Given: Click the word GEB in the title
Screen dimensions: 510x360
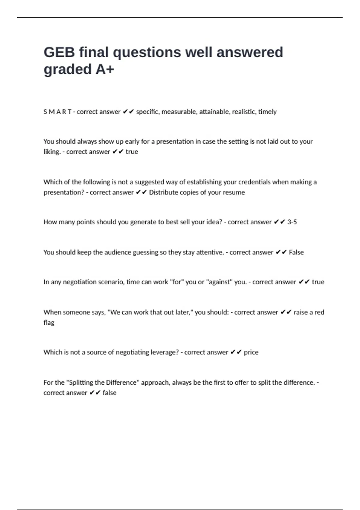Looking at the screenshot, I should [59, 52].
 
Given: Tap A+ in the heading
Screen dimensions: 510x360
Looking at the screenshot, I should [105, 70].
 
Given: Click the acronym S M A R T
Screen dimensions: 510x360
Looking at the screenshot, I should [57, 112].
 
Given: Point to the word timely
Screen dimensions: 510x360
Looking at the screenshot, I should [267, 112].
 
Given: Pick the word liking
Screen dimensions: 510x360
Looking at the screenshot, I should [52, 152].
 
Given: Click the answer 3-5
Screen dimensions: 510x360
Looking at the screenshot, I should [292, 222].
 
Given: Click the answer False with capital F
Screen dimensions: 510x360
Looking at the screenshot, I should [296, 252].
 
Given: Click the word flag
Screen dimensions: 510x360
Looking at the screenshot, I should [49, 323].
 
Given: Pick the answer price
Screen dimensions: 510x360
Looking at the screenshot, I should [251, 352].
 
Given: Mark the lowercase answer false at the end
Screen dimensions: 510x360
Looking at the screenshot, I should [109, 393].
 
